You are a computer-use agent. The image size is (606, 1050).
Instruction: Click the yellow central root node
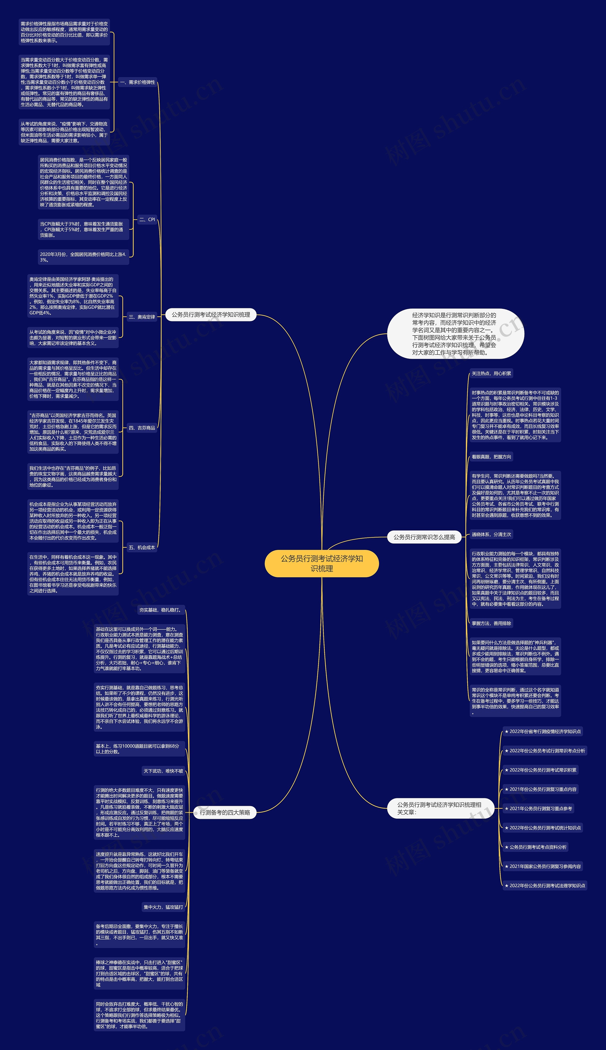pos(322,563)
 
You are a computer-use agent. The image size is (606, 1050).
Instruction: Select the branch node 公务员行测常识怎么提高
pos(424,537)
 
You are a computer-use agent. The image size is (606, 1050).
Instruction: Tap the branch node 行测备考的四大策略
pos(225,812)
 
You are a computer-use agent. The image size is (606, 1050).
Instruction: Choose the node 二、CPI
pos(147,220)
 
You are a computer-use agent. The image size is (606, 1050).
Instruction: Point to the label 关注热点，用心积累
pos(491,373)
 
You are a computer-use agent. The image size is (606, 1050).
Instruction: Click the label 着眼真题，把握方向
pos(491,457)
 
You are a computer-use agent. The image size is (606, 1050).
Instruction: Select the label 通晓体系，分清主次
pos(491,534)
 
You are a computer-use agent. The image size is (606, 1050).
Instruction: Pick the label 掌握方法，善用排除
pos(491,623)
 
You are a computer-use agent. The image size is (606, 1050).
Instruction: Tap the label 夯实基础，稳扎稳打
pos(161,610)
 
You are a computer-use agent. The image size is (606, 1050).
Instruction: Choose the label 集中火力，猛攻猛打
pos(163,907)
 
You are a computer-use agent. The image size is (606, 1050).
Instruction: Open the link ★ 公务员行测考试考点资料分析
pos(535,847)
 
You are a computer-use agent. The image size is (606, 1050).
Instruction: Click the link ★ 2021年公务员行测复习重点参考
pos(538,808)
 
